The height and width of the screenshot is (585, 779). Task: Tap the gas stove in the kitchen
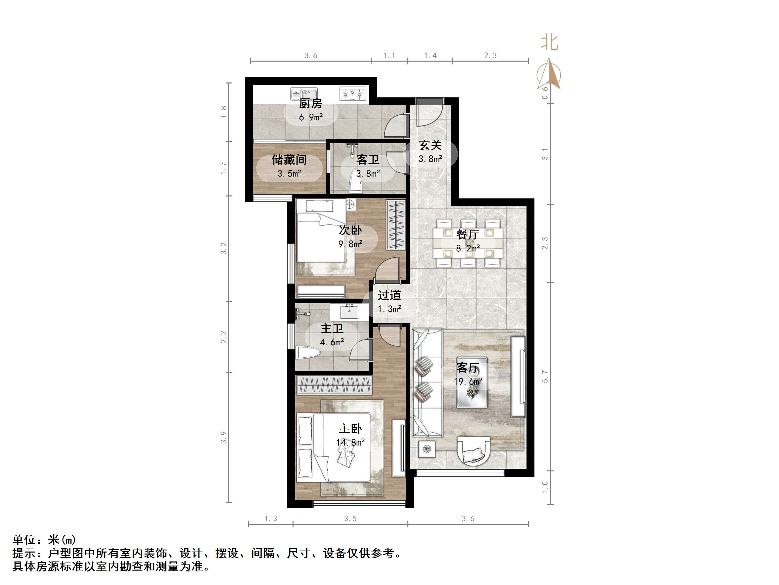coord(352,94)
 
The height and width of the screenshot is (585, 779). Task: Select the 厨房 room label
coord(311,104)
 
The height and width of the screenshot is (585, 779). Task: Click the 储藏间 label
coord(289,160)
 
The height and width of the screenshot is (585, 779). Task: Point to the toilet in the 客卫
coord(356,184)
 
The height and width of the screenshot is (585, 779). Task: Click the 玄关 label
coord(430,145)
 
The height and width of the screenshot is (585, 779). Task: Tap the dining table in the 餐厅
coord(468,243)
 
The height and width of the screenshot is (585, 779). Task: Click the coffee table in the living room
coord(472,383)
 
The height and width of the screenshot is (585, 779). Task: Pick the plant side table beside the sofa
coord(427,449)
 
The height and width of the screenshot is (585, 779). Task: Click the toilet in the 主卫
coord(307,352)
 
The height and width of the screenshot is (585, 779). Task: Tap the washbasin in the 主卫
coord(349,312)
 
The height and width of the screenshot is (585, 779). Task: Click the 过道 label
coord(389,295)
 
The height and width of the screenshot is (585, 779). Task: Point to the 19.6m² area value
coord(468,382)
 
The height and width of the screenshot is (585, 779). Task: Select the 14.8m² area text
coord(350,442)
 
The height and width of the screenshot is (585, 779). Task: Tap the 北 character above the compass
coord(549,42)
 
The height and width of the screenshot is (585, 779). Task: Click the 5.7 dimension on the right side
coord(545,376)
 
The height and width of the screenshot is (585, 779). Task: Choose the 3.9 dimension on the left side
coord(224,437)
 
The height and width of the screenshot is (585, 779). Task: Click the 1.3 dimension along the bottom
coord(271,518)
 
